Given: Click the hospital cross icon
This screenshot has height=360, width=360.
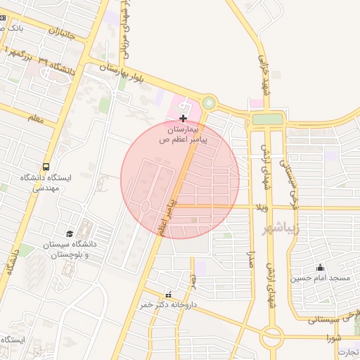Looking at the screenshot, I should tap(184, 118).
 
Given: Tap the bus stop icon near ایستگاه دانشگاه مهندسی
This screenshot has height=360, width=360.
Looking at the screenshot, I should tap(46, 167).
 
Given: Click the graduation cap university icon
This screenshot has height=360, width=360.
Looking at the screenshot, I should tap(69, 233).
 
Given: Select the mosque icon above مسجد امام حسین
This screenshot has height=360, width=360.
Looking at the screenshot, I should tap(321, 267).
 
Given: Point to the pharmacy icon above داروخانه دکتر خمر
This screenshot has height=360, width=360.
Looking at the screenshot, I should tap(167, 295).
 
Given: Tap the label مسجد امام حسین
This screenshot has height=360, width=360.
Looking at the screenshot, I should tap(322, 278).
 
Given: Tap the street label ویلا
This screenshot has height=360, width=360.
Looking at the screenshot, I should tap(262, 208).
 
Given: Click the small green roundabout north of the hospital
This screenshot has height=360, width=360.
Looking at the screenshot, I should tap(208, 103).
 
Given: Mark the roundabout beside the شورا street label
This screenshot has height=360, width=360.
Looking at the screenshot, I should tap(273, 337).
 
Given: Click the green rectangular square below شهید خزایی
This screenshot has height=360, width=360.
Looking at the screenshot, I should tap(267, 119).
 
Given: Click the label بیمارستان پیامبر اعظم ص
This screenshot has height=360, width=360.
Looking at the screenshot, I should tap(184, 135).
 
